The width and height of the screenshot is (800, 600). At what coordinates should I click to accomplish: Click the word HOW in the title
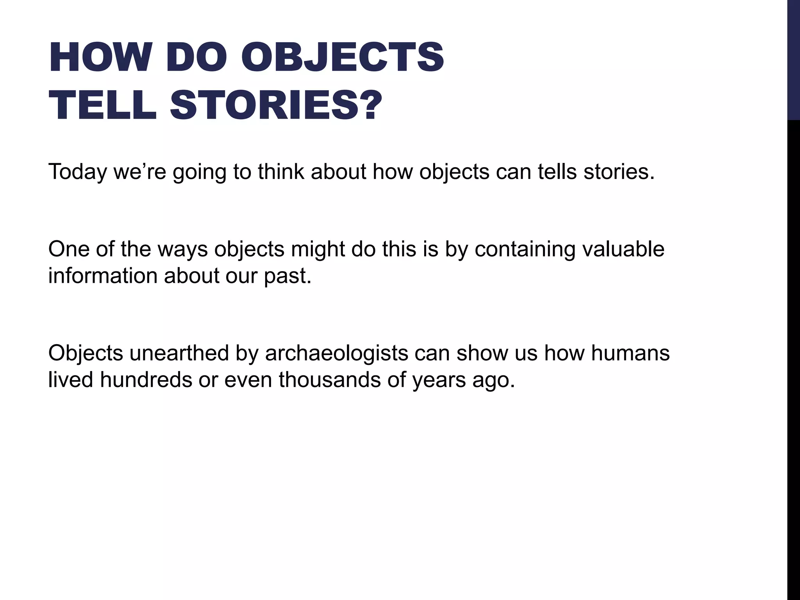coord(99,57)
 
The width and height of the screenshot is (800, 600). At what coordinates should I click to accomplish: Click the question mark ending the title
coord(369,105)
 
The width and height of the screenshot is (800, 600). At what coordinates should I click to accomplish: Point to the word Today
coord(77,172)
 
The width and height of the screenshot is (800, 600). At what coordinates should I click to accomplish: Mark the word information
coord(103,276)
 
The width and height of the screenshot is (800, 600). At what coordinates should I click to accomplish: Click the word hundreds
coord(146,379)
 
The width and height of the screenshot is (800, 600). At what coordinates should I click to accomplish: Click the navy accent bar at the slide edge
coord(793,59)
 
